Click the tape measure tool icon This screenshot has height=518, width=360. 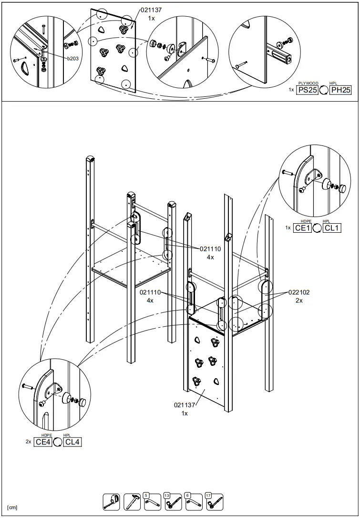111,502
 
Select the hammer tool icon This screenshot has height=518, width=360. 132,502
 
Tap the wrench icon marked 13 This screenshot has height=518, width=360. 172,502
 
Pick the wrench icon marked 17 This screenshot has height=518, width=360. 214,502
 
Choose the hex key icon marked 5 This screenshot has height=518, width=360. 152,502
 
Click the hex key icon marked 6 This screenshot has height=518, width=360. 193,502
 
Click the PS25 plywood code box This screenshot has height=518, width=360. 308,90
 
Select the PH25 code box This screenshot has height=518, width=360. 340,90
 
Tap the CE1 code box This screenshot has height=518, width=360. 302,228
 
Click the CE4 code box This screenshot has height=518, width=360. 43,442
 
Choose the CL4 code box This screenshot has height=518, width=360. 72,442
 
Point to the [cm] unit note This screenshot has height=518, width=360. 12,507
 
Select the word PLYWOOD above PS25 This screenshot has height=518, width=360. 308,83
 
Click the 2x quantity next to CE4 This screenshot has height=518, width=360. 29,442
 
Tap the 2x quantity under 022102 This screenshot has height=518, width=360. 299,301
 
